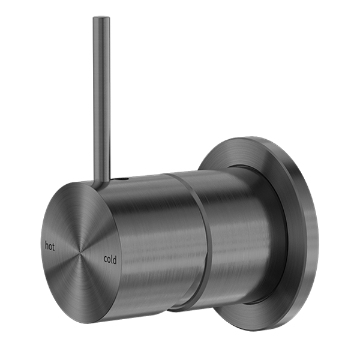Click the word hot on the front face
51,245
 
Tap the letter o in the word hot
51,245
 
